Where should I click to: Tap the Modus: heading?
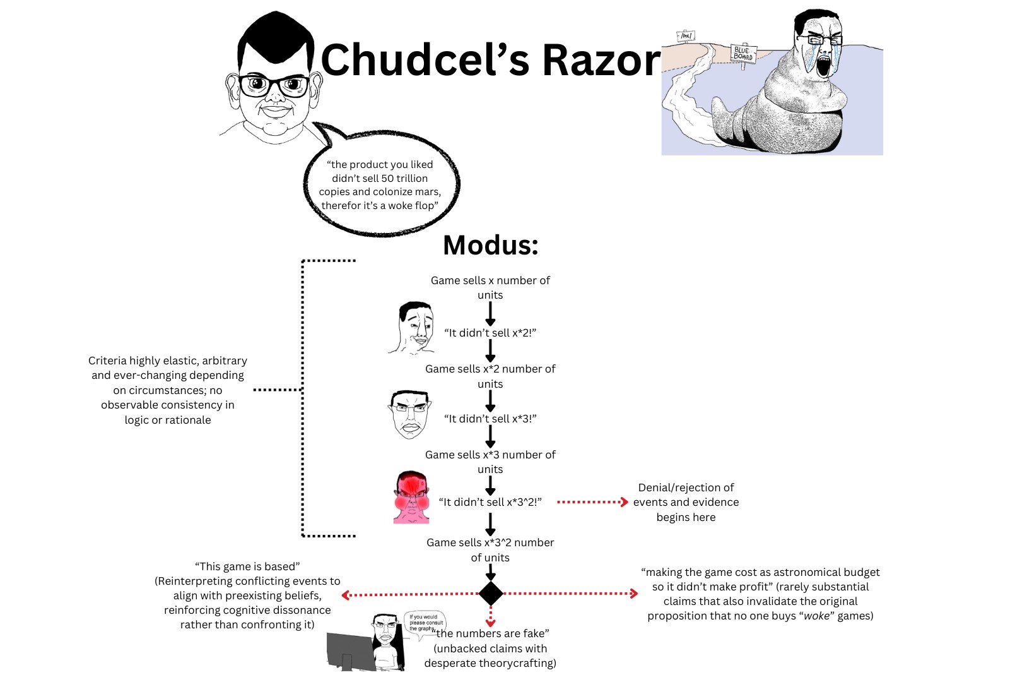click(x=491, y=245)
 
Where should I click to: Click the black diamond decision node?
click(x=491, y=594)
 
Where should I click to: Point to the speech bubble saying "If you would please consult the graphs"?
click(x=425, y=623)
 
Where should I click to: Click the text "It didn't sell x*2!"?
click(x=490, y=333)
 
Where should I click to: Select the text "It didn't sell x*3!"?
click(x=490, y=419)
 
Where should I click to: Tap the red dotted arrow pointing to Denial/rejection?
click(x=592, y=502)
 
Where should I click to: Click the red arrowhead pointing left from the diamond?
click(x=346, y=595)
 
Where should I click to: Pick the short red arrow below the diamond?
click(x=491, y=617)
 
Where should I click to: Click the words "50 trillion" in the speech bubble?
click(x=404, y=178)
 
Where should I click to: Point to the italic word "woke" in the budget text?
click(x=816, y=616)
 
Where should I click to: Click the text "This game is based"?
click(x=247, y=566)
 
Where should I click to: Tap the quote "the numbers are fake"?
click(x=493, y=633)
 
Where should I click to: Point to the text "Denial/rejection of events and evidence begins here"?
click(x=686, y=502)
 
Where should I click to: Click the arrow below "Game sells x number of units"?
click(x=490, y=313)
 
